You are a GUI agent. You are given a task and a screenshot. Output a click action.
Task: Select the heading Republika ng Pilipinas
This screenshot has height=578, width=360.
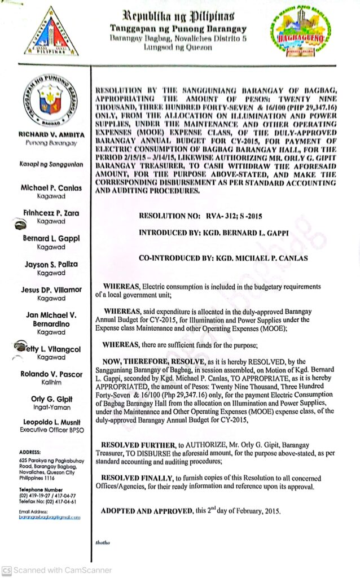[x=178, y=14]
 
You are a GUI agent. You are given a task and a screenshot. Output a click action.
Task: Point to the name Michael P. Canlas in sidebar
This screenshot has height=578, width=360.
[x=51, y=187]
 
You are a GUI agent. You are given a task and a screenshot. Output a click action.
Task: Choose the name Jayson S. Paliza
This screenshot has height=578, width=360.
[x=51, y=264]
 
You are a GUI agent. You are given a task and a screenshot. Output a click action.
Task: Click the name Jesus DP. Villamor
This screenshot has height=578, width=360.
[x=51, y=290]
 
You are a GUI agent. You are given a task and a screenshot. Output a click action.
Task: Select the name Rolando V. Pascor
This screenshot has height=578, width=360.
[x=51, y=374]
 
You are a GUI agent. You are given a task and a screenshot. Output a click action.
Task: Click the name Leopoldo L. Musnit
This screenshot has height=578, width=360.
[x=51, y=423]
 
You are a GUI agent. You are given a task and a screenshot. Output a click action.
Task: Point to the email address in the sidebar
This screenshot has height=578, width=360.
[x=49, y=516]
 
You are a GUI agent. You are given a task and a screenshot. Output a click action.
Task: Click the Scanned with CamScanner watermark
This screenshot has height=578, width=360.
[x=56, y=570]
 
